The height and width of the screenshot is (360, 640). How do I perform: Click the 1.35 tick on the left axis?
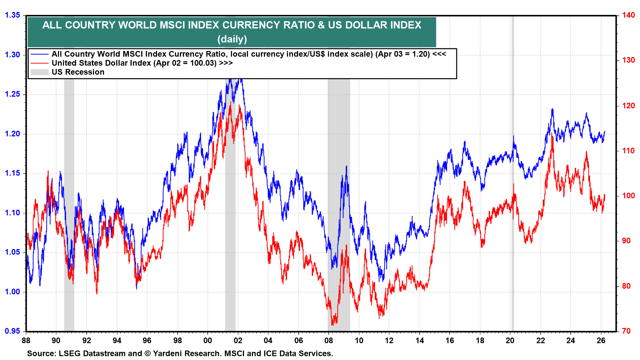pos(13,15)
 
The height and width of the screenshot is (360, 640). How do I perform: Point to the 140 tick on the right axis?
pos(628,15)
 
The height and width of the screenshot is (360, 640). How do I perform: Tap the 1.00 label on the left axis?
pos(13,292)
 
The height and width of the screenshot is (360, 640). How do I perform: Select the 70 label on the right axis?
pos(626,331)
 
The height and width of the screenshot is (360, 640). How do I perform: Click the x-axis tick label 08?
pos(329,341)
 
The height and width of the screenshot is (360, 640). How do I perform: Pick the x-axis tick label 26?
pos(601,341)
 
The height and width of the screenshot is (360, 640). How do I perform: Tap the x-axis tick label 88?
pos(26,341)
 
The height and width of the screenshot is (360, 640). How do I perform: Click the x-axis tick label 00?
pos(208,341)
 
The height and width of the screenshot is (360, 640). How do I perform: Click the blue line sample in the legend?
pos(39,54)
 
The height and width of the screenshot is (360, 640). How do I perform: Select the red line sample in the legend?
pos(39,63)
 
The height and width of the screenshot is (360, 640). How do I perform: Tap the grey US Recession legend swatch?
pos(39,72)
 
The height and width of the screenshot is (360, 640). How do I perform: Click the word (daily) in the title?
pos(232,39)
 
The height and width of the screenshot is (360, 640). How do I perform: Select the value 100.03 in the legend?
pos(203,63)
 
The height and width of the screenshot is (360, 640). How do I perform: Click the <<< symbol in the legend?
pos(439,54)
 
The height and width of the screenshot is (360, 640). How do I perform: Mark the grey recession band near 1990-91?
pos(69,200)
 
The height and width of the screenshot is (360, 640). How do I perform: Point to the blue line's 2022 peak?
pos(552,109)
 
